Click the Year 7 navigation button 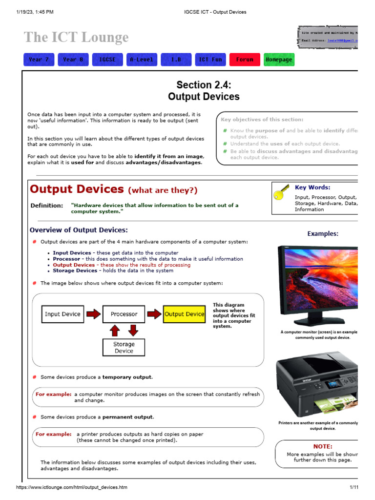pyautogui.click(x=39, y=60)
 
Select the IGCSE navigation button pyautogui.click(x=107, y=60)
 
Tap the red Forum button pyautogui.click(x=245, y=60)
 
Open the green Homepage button pyautogui.click(x=279, y=60)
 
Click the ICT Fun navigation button pyautogui.click(x=210, y=60)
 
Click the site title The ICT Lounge pyautogui.click(x=76, y=37)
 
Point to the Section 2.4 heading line pyautogui.click(x=204, y=84)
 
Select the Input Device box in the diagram pyautogui.click(x=62, y=314)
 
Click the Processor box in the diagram pyautogui.click(x=124, y=314)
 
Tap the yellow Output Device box pyautogui.click(x=184, y=314)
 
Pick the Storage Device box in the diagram pyautogui.click(x=124, y=347)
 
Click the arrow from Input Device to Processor pyautogui.click(x=93, y=314)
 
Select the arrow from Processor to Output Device pyautogui.click(x=154, y=314)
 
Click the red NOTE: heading pyautogui.click(x=322, y=446)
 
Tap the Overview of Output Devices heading pyautogui.click(x=79, y=230)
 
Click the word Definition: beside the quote pyautogui.click(x=46, y=206)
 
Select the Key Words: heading pyautogui.click(x=312, y=187)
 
